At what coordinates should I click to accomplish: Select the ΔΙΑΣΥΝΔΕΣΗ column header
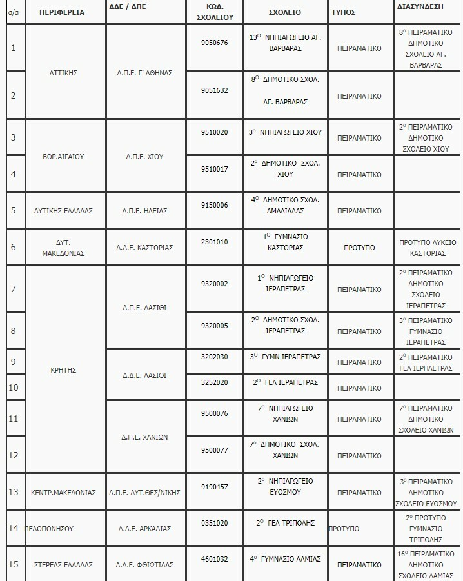pyautogui.click(x=421, y=6)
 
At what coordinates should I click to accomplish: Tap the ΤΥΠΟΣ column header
pyautogui.click(x=343, y=12)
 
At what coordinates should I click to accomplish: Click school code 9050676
pyautogui.click(x=215, y=43)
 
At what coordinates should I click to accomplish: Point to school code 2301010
pyautogui.click(x=215, y=242)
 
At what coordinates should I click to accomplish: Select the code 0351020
pyautogui.click(x=215, y=523)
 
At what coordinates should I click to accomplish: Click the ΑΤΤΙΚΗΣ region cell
pyautogui.click(x=63, y=73)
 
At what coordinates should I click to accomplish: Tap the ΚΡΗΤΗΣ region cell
pyautogui.click(x=63, y=370)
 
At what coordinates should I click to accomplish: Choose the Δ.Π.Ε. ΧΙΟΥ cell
pyautogui.click(x=145, y=156)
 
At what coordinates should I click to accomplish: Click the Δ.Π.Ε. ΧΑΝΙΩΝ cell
pyautogui.click(x=145, y=437)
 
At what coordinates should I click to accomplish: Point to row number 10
pyautogui.click(x=14, y=388)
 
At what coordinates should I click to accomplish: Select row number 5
pyautogui.click(x=14, y=210)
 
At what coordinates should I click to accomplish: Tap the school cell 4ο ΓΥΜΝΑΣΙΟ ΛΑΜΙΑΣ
pyautogui.click(x=285, y=559)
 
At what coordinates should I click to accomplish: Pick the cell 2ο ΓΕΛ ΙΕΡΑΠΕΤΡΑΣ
pyautogui.click(x=285, y=382)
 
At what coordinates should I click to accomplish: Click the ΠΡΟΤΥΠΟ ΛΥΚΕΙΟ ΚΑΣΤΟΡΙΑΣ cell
pyautogui.click(x=428, y=248)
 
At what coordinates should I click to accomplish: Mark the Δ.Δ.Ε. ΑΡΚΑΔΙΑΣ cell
pyautogui.click(x=145, y=529)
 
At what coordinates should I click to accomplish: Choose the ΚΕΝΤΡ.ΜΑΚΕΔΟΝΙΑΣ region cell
pyautogui.click(x=63, y=493)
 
